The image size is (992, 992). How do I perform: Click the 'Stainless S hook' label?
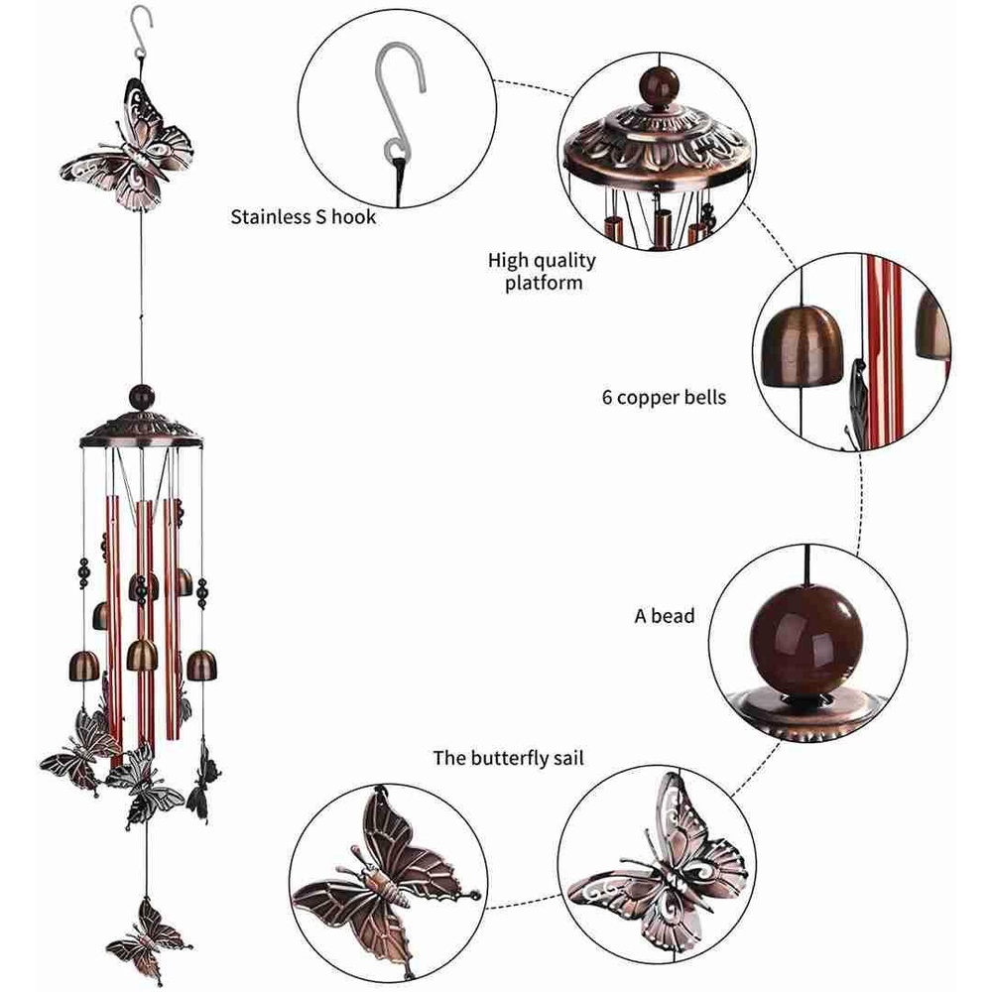pos(304,216)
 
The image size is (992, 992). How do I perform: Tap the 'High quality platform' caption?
pos(542,271)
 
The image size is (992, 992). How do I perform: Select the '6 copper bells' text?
pos(664,398)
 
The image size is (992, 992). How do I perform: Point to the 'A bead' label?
pos(665,616)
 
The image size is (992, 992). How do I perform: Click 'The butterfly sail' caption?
pos(508,759)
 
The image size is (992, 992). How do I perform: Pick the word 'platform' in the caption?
pos(542,283)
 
